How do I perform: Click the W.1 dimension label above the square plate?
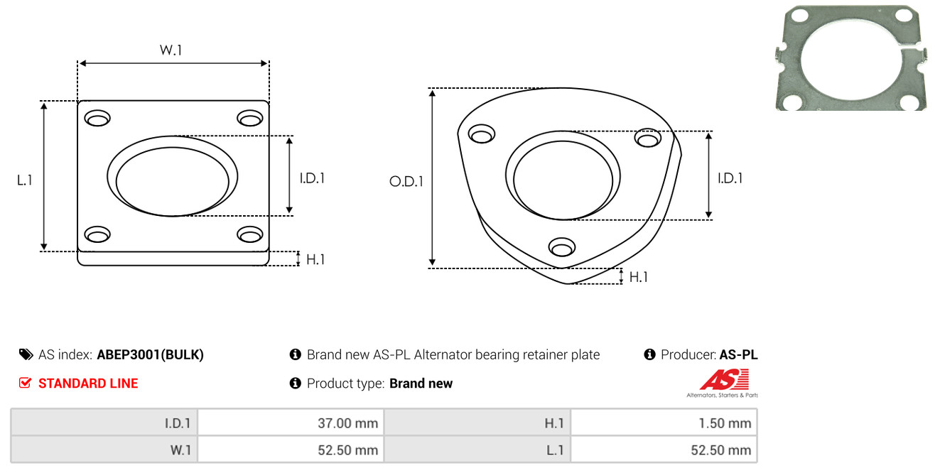171,50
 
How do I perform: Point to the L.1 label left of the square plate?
25,180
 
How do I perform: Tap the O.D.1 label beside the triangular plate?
406,181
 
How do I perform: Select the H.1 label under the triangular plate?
638,277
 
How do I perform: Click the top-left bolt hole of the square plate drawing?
97,118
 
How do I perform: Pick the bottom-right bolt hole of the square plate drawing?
250,234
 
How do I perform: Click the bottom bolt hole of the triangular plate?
562,247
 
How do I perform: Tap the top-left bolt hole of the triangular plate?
482,134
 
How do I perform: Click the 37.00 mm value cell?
291,423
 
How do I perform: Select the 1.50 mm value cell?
664,423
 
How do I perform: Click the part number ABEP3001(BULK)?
151,354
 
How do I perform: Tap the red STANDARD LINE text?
88,384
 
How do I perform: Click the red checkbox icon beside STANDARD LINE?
25,383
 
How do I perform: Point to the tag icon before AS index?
26,354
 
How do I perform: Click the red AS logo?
724,379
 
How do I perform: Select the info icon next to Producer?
649,354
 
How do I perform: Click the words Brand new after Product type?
421,384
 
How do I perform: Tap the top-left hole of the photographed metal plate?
800,16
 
